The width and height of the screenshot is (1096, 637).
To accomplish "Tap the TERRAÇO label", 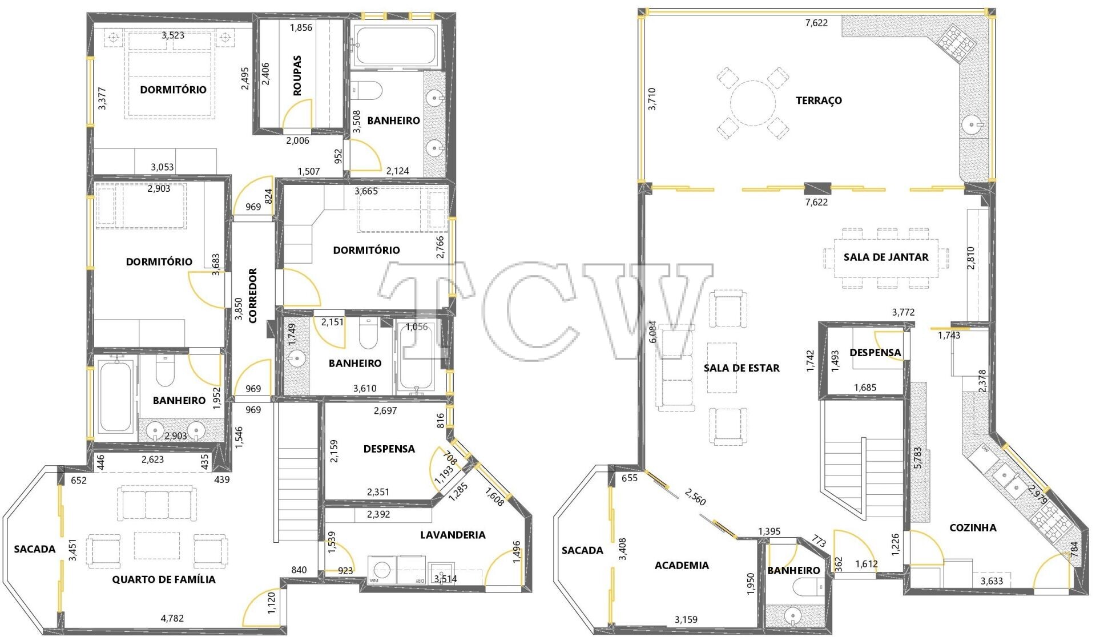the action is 819,100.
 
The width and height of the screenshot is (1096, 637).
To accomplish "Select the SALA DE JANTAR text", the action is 886,257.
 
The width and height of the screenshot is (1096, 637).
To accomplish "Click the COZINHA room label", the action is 973,528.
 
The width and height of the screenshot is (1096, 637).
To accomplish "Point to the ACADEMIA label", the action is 682,565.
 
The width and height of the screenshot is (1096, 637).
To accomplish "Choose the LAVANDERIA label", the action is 453,535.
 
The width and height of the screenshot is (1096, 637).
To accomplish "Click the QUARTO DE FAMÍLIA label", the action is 164,579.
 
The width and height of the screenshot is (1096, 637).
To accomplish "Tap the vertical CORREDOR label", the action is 253,296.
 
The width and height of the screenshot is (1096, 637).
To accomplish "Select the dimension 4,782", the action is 172,618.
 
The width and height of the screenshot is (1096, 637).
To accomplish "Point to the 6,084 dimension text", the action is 652,331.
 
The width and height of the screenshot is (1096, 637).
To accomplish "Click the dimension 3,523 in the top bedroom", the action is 173,35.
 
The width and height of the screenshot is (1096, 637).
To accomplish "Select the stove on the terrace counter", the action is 954,43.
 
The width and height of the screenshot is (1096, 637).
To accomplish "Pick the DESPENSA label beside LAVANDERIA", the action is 389,449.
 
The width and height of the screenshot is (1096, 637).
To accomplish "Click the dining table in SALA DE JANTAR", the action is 886,257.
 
